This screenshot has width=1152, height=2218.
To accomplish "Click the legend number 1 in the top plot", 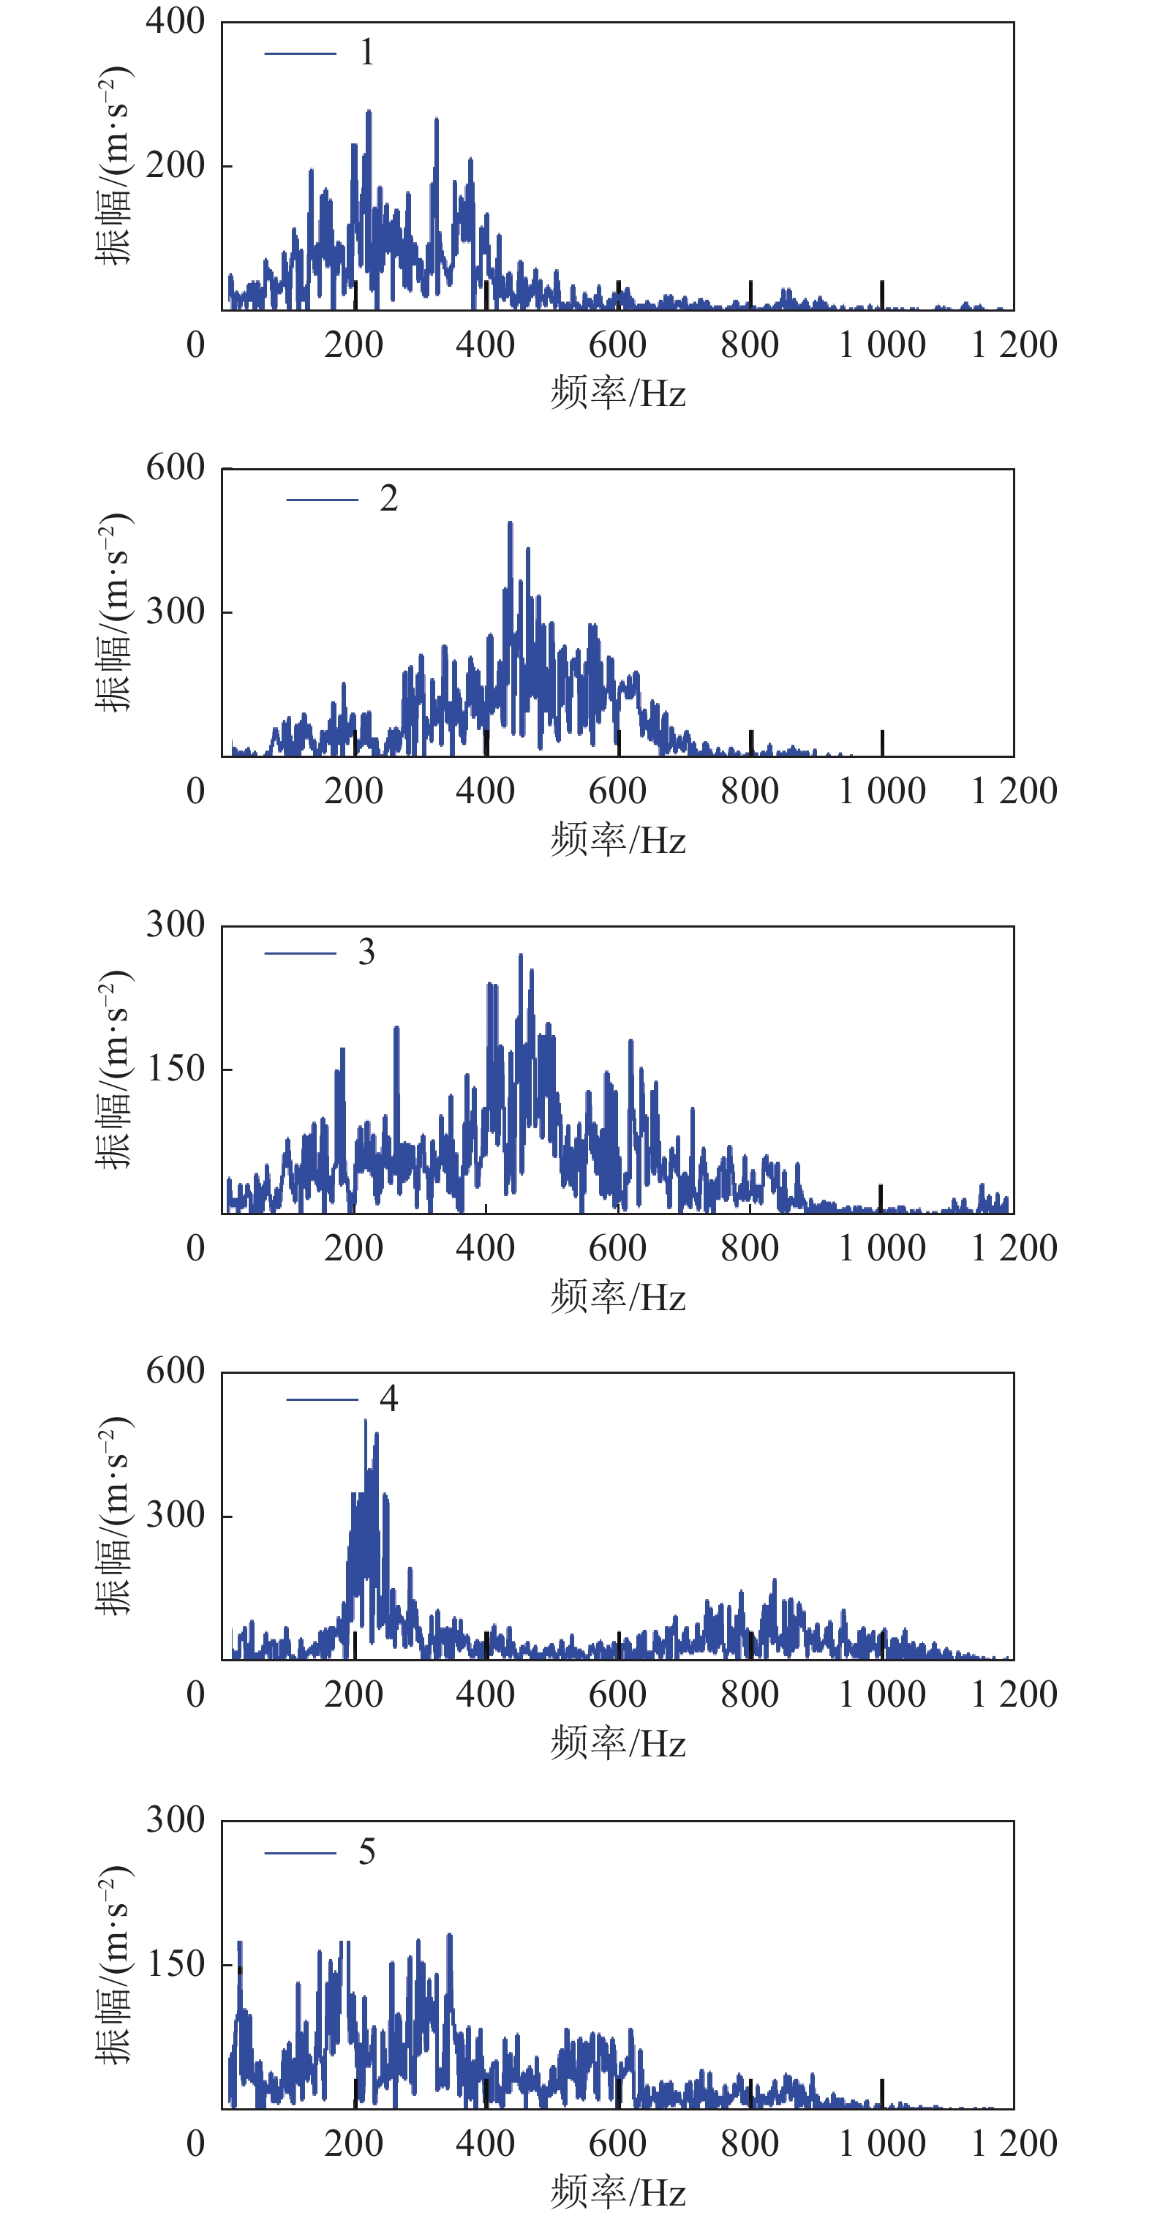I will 366,53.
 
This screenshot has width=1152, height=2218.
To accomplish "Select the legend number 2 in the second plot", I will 388,498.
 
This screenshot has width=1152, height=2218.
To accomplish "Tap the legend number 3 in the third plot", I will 366,952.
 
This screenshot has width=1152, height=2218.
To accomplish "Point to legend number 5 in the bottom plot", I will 366,1852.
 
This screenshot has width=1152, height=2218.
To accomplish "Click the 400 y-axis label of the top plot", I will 176,20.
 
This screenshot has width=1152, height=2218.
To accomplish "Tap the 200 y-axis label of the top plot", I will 176,165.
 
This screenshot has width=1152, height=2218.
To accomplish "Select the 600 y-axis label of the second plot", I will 176,467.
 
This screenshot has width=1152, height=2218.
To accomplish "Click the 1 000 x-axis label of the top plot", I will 881,345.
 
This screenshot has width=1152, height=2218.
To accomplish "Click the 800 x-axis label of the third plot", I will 750,1248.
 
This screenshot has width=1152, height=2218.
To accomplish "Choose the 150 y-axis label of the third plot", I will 176,1069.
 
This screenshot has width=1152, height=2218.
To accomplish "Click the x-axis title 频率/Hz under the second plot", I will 618,840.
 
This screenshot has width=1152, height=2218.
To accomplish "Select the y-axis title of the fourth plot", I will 113,1516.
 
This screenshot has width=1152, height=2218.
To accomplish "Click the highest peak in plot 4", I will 366,1421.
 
